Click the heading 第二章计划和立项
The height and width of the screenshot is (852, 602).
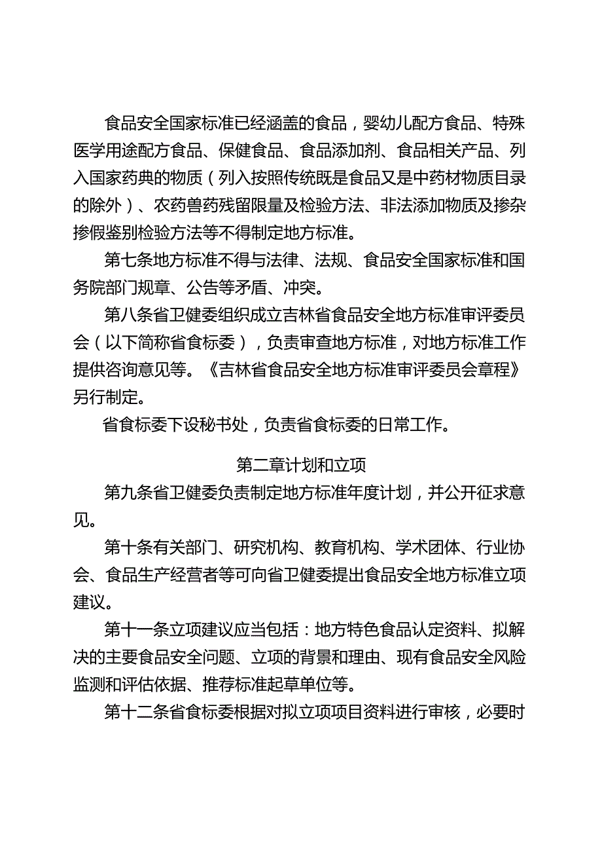(x=301, y=466)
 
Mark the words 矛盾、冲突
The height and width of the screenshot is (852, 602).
(x=281, y=288)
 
